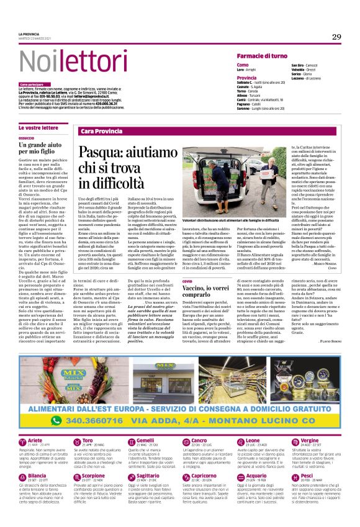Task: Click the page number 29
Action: pyautogui.click(x=336, y=37)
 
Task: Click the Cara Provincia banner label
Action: pyautogui.click(x=101, y=132)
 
